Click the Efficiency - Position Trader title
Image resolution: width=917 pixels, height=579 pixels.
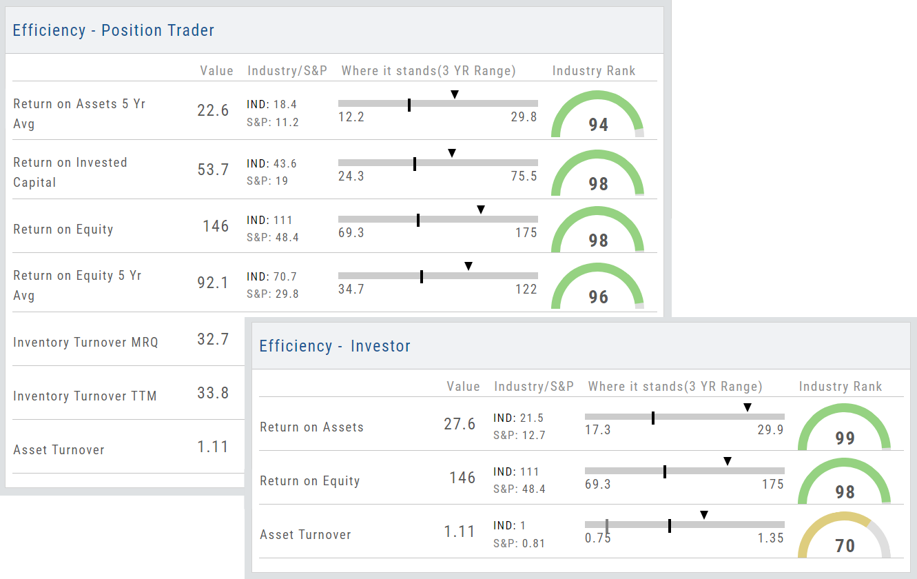[114, 30]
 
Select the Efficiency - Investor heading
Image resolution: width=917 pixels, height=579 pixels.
[335, 346]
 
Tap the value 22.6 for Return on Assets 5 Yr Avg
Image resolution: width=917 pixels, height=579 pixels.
[213, 110]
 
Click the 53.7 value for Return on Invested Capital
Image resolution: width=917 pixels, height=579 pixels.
[213, 169]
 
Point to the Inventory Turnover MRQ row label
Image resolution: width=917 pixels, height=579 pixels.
[85, 342]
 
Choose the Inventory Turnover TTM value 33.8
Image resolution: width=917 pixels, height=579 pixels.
[213, 393]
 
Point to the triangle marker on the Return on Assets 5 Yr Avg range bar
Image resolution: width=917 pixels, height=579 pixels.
[455, 94]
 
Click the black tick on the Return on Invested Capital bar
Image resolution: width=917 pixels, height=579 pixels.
[415, 164]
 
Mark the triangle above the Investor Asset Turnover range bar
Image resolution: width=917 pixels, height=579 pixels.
[703, 515]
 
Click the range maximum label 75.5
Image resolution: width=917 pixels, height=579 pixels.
[524, 176]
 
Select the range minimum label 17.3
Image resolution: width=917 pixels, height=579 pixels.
[598, 429]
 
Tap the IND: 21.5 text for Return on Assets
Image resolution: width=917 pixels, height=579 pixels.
[518, 418]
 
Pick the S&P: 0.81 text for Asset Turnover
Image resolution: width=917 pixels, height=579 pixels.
[519, 543]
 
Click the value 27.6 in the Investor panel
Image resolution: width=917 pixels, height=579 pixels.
[460, 424]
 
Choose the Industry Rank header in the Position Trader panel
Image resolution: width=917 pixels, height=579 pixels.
[594, 71]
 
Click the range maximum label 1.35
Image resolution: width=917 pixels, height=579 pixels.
[770, 538]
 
